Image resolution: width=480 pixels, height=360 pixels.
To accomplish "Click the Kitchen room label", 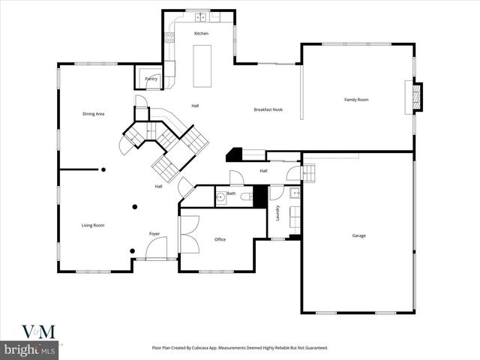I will point(201,34).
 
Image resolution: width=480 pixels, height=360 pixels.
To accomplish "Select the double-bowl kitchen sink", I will point(201,16).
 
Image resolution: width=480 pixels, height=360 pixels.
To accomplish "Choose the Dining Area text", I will point(93,113).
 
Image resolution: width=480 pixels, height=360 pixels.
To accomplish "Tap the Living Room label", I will point(93,225).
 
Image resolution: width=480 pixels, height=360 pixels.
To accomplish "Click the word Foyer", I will point(154,233).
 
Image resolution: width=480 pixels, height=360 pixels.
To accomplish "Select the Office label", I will point(220,239).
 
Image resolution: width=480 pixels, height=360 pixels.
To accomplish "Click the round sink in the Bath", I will point(221,198).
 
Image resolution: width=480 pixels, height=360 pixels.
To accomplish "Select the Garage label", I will point(359,235).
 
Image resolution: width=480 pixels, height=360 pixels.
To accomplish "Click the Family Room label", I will point(356,100).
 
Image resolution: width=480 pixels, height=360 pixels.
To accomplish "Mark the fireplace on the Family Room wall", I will point(414,96).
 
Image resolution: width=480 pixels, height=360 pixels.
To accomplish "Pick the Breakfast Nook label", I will point(267,110).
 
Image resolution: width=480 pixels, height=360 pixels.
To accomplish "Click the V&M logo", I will point(32,331).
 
